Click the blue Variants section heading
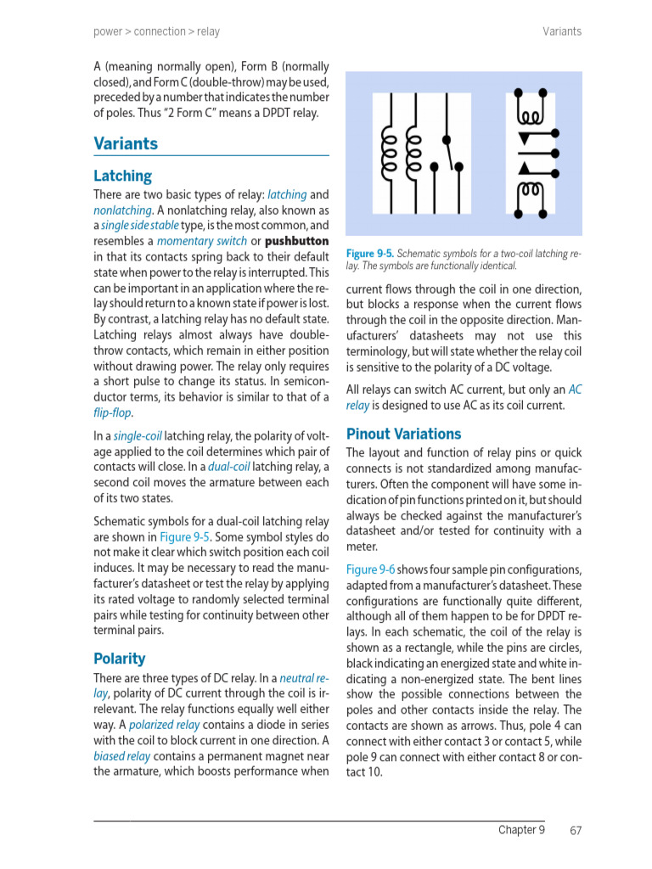(126, 143)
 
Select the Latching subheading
(122, 176)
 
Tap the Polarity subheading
(119, 659)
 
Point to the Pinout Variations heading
(403, 434)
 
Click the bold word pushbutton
(296, 241)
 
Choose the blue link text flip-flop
(112, 412)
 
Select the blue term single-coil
(138, 436)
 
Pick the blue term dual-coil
(228, 468)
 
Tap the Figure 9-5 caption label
(369, 254)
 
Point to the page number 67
(575, 830)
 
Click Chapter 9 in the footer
(521, 830)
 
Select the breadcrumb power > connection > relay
(156, 31)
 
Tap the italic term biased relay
(122, 756)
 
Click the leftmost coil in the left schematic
(390, 154)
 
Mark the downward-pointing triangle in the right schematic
(525, 137)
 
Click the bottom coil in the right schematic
(531, 190)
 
